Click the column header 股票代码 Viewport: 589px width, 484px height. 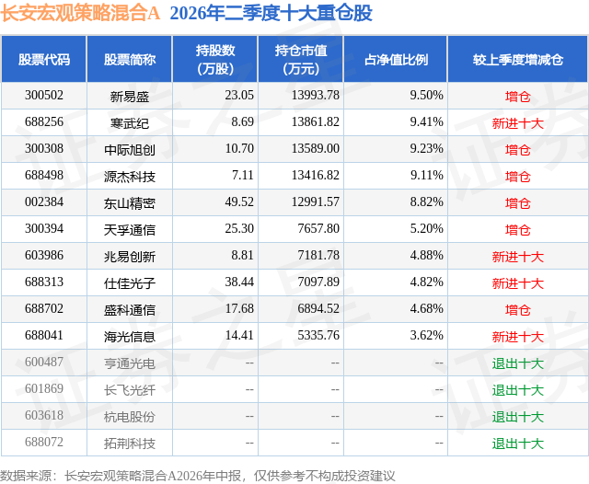[44, 59]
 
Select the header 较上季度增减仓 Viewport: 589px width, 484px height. [518, 59]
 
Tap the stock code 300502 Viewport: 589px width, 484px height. [44, 96]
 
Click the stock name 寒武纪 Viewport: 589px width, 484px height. [130, 122]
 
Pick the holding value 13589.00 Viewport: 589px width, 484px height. [316, 149]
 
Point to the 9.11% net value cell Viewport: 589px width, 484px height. [427, 176]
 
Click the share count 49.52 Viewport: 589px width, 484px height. [239, 202]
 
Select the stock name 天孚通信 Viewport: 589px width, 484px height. [130, 229]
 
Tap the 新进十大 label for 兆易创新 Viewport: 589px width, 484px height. [518, 257]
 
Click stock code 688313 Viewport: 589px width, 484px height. [44, 282]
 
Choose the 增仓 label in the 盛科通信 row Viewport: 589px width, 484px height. [518, 310]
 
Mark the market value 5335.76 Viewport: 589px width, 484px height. [318, 335]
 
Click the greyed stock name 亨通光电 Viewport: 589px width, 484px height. [130, 363]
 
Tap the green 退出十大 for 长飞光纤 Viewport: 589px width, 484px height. [518, 390]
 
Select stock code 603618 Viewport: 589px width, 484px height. [44, 415]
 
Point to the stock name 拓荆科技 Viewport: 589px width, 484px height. [130, 444]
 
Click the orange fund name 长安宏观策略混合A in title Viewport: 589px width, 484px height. [80, 13]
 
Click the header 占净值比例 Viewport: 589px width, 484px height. [396, 59]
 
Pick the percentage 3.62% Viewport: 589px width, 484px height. [427, 335]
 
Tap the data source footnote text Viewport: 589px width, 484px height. [198, 476]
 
